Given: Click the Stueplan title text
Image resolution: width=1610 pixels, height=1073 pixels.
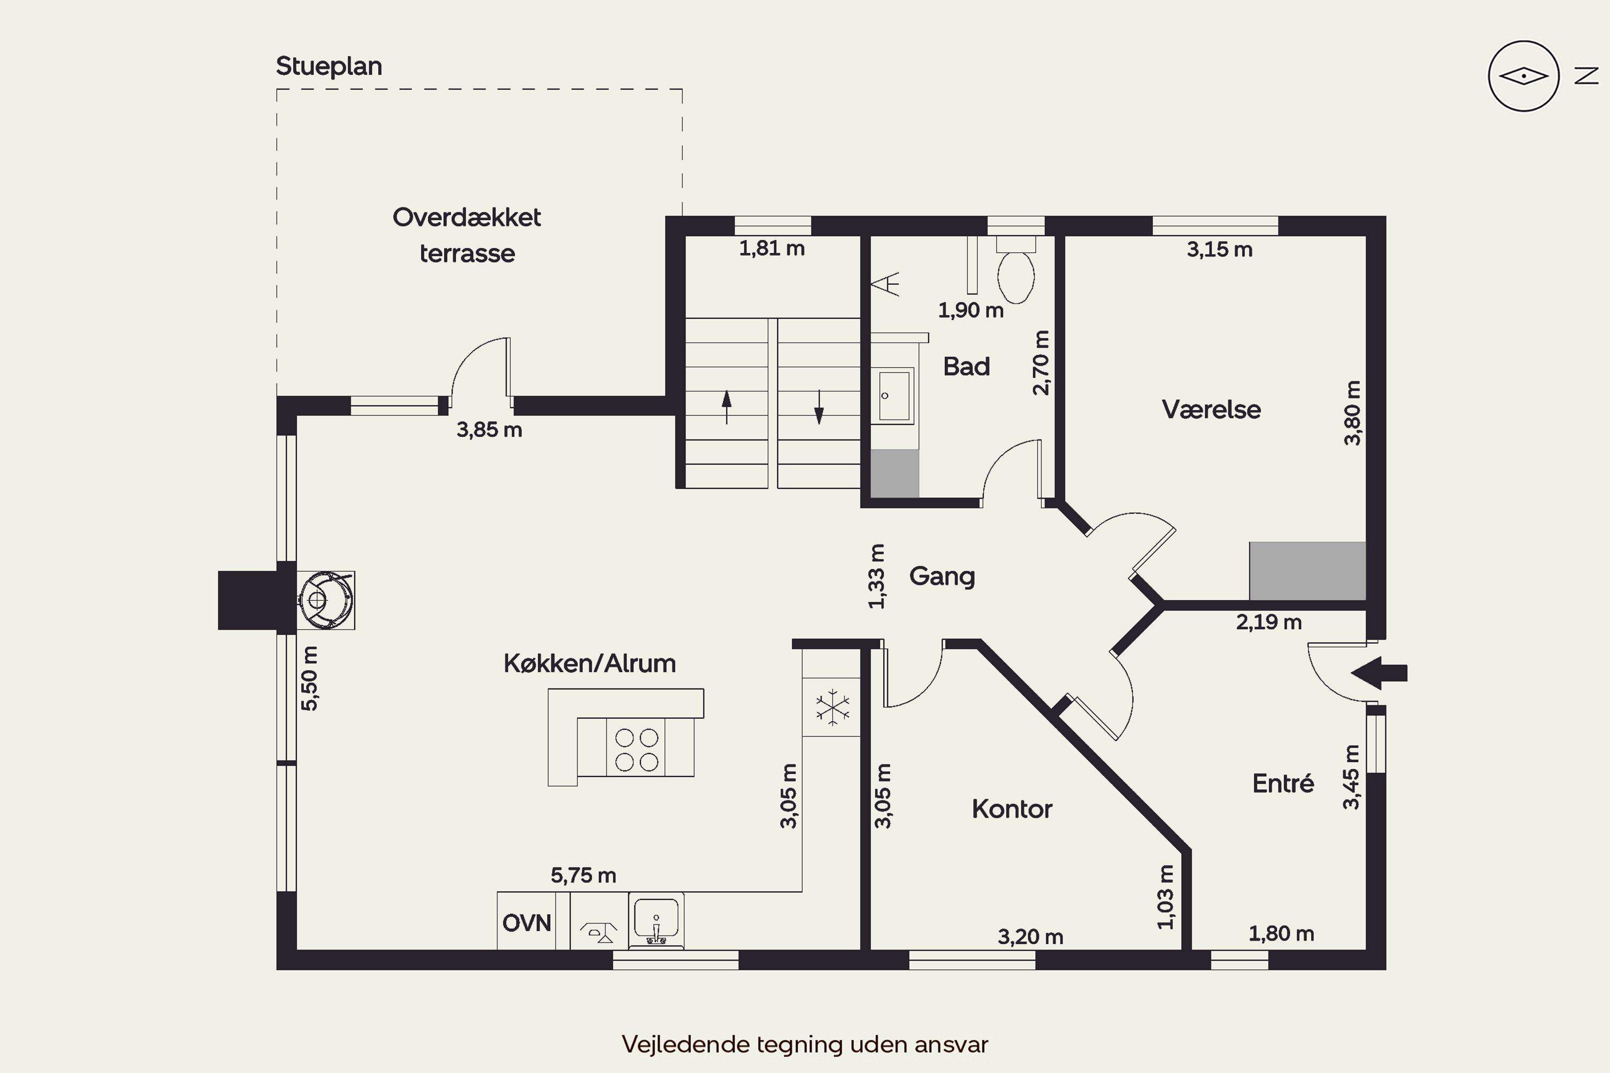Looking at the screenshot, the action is point(328,67).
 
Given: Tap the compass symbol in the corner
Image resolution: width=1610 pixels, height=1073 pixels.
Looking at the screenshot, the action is point(1523,76).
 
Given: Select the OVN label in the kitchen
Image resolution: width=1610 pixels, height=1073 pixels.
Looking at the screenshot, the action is point(526,923).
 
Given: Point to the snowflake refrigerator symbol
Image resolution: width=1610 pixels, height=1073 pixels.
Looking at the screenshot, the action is point(832,707).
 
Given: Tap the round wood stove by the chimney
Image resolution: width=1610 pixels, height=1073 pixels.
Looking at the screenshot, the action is point(325,600).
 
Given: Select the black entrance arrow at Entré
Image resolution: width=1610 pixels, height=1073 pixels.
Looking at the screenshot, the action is point(1379,673).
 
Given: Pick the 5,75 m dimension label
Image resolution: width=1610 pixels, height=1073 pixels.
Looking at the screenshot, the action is point(583,875).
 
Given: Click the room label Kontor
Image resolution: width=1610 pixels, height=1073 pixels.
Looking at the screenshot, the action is point(1012,809).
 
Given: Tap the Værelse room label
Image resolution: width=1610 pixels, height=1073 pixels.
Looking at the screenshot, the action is point(1211,409).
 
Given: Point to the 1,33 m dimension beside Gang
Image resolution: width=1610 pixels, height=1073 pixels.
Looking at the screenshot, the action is point(876,576).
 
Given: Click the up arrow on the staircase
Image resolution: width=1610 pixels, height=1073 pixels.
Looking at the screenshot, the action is point(726,407).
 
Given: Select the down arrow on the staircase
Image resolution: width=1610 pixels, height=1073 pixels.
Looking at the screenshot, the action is point(819,407).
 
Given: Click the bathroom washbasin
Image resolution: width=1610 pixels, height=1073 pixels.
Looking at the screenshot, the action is point(894,395).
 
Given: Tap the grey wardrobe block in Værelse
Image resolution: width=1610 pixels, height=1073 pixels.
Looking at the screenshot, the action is point(1307,571).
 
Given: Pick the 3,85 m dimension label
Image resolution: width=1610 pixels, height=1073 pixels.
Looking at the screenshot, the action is point(489,430).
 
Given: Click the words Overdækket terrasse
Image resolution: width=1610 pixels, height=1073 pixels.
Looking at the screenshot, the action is point(467,236).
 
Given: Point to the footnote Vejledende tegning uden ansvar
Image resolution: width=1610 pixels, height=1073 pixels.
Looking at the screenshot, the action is point(805,1044).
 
